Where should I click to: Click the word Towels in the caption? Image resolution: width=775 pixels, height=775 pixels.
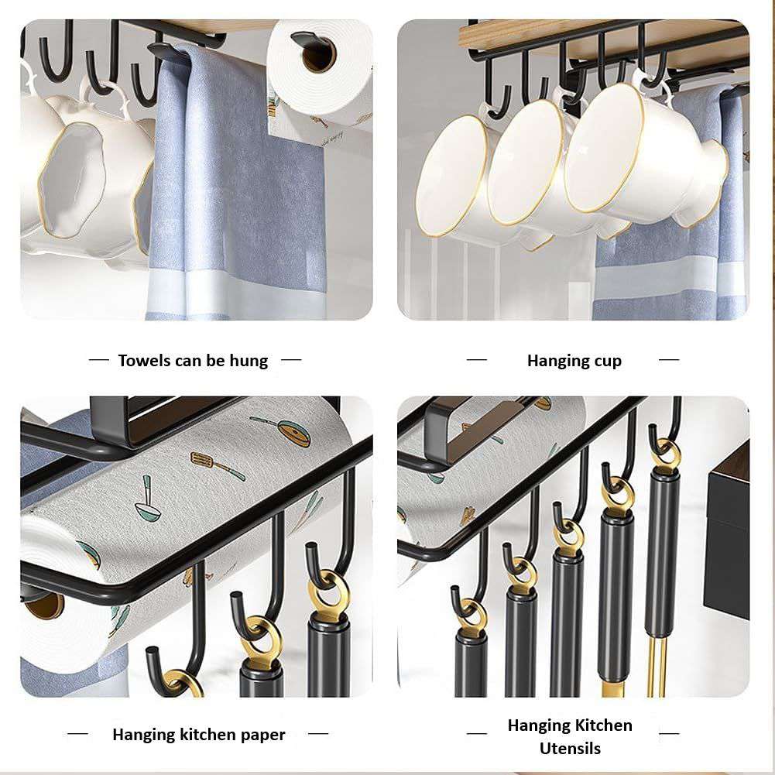[x=143, y=361]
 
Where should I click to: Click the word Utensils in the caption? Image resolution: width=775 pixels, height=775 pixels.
[x=570, y=749]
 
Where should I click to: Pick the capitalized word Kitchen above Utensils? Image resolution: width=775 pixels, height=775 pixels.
[x=601, y=725]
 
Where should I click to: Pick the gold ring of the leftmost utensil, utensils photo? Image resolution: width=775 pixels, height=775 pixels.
[x=471, y=616]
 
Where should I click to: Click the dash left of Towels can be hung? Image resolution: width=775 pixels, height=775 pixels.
[x=99, y=360]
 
